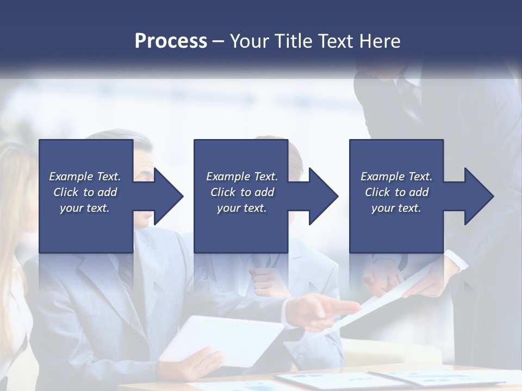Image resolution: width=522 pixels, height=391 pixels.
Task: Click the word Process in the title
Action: pos(171,41)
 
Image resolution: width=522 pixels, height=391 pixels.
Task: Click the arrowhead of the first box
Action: pos(166,196)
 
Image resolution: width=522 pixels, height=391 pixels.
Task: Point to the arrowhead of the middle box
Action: pos(321,196)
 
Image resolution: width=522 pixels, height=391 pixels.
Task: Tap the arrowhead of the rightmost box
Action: pos(476,196)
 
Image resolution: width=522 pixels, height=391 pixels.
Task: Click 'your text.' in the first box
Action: pos(85,208)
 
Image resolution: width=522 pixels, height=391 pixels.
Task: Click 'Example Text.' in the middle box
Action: pos(242,176)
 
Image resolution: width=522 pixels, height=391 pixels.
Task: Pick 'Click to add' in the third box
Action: pos(397,192)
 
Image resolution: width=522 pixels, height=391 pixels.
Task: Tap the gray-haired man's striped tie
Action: pos(126,272)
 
